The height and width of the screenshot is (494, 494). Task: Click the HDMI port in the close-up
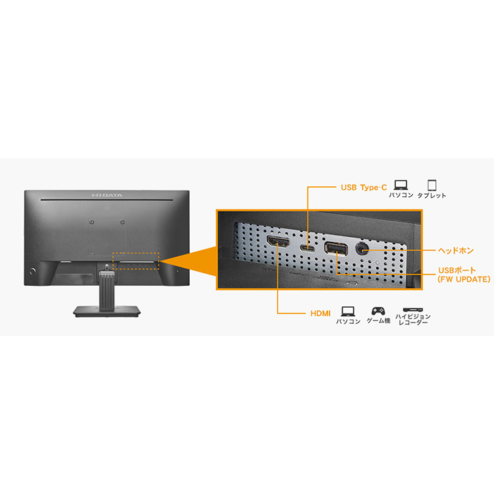(278, 242)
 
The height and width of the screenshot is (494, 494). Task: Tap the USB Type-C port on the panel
(308, 248)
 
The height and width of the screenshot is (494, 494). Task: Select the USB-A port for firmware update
(336, 248)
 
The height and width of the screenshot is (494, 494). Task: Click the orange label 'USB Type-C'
(364, 188)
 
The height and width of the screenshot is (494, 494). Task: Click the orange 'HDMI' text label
(320, 313)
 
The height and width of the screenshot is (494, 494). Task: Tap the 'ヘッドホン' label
(456, 251)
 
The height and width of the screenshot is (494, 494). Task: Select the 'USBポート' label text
(457, 270)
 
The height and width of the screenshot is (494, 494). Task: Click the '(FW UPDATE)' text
(464, 279)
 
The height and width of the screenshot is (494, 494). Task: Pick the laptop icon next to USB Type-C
(401, 185)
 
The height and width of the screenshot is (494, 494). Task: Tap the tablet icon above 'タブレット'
(432, 185)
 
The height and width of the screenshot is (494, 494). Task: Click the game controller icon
(378, 311)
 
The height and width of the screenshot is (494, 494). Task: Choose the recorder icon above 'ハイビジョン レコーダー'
(413, 310)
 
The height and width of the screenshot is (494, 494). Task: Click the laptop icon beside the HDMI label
(348, 311)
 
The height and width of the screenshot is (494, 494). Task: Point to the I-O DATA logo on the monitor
(107, 195)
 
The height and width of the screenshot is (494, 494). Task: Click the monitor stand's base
(107, 311)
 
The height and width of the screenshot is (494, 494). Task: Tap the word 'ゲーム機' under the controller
(378, 320)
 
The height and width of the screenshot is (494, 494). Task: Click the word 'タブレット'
(432, 195)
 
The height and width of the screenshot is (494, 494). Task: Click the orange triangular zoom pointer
(188, 261)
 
